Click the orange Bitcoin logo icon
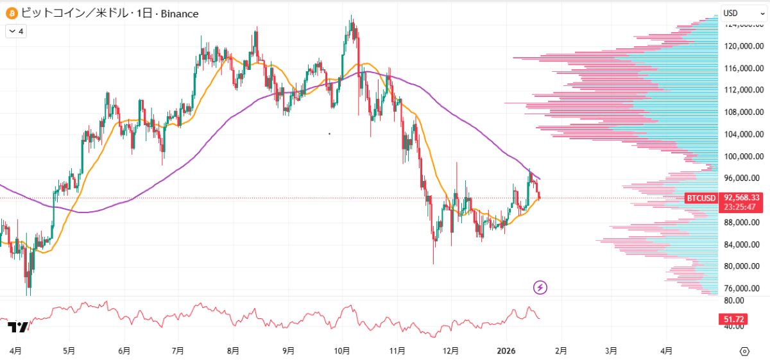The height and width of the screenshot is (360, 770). pyautogui.click(x=11, y=13)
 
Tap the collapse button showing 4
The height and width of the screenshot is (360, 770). pyautogui.click(x=16, y=31)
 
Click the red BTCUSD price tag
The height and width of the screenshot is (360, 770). pyautogui.click(x=701, y=198)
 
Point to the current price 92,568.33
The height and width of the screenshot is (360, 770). pyautogui.click(x=742, y=198)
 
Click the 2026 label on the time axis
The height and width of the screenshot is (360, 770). pyautogui.click(x=506, y=351)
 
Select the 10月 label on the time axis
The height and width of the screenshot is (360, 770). pyautogui.click(x=342, y=351)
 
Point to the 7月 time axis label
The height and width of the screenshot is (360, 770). pyautogui.click(x=178, y=351)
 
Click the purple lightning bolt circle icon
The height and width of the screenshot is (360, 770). pyautogui.click(x=540, y=287)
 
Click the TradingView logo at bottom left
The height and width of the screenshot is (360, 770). pyautogui.click(x=18, y=327)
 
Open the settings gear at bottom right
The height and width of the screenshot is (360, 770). pyautogui.click(x=744, y=351)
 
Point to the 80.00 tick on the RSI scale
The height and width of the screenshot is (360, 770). pyautogui.click(x=734, y=300)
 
